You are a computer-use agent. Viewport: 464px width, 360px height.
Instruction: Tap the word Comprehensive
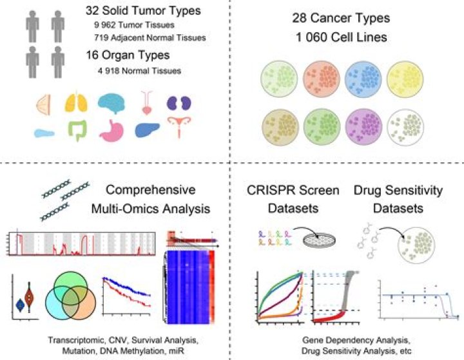149,191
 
